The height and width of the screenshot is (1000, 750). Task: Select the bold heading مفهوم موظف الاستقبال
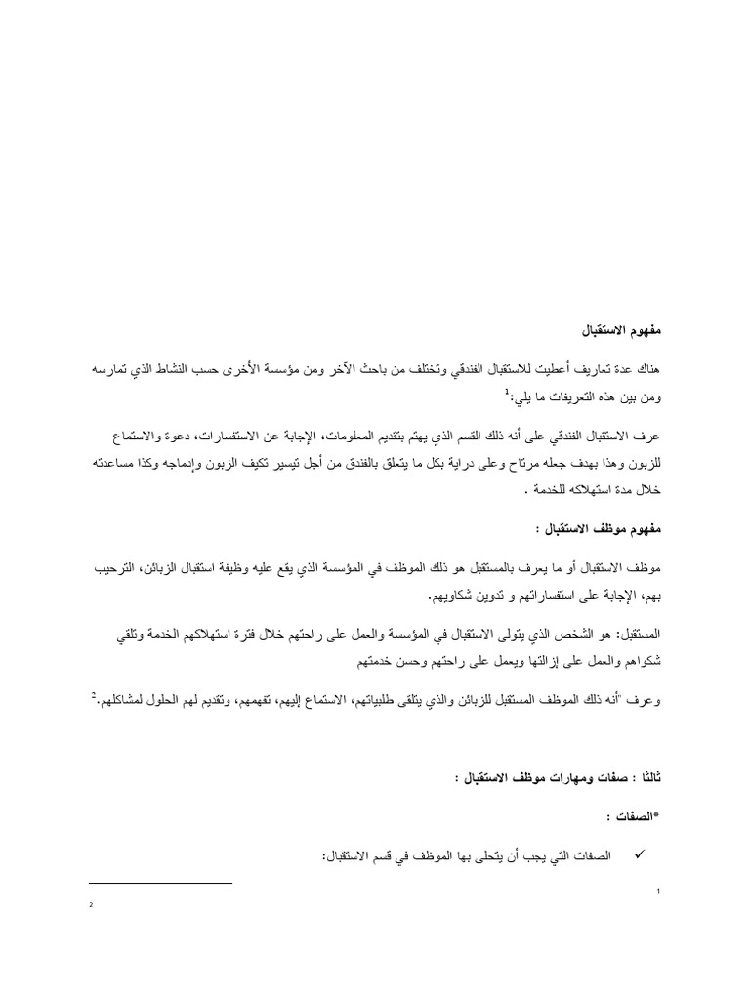point(611,527)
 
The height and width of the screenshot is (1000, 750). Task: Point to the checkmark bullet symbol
point(642,854)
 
